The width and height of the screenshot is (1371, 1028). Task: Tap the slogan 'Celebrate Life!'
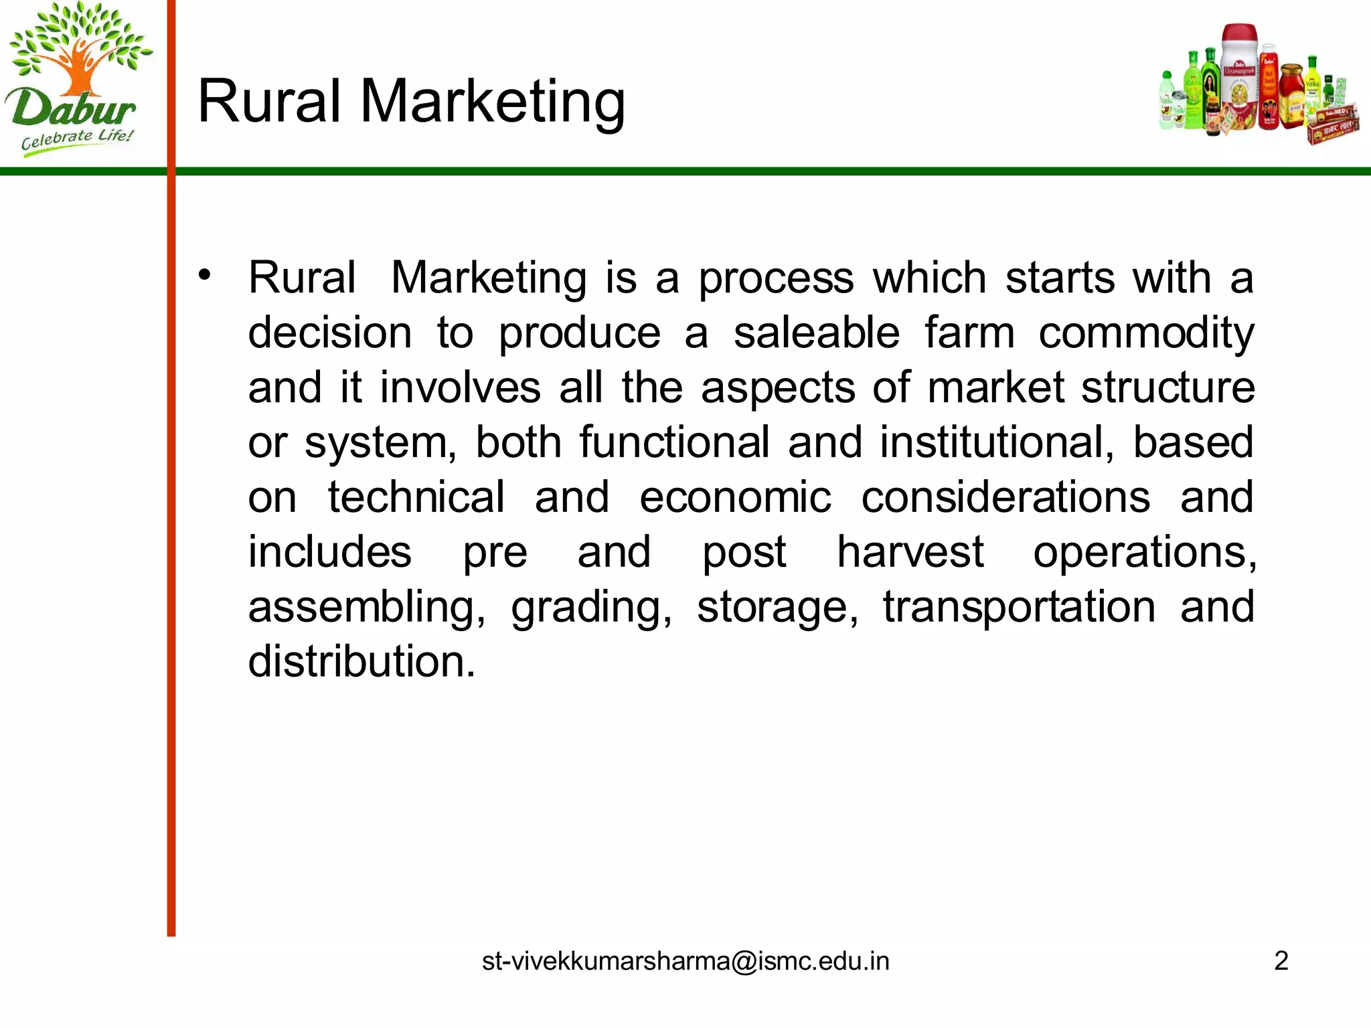77,140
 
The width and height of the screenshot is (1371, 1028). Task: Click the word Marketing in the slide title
493,102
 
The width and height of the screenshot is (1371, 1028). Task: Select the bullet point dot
205,275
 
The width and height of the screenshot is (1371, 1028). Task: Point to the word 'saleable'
817,333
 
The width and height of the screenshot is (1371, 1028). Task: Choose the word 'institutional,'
997,443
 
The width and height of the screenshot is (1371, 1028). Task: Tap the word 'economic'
735,498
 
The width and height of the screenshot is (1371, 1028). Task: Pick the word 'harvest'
910,553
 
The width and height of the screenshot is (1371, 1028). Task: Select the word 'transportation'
1019,608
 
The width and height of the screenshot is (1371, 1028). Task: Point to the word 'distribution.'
361,662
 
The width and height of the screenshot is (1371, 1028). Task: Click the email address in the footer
685,961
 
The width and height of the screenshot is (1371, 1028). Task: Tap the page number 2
1281,961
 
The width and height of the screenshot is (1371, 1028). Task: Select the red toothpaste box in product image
1333,126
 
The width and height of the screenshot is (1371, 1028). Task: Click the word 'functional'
675,443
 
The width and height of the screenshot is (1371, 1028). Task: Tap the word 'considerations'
1005,498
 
